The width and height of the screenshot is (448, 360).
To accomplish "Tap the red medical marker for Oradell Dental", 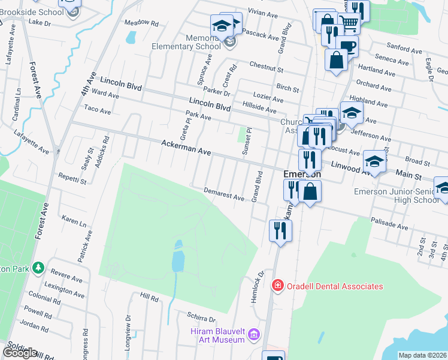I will point(277,286).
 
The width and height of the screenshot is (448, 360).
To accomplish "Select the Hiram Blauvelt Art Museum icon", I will point(254,334).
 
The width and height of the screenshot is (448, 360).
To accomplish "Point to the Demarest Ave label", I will point(224,193).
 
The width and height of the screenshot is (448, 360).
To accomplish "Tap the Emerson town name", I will point(302,174).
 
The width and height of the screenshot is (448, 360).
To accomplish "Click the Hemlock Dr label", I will point(258,286).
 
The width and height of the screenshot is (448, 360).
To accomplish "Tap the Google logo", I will point(19,353).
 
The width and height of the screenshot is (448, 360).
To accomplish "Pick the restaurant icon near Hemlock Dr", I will point(280,229).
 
